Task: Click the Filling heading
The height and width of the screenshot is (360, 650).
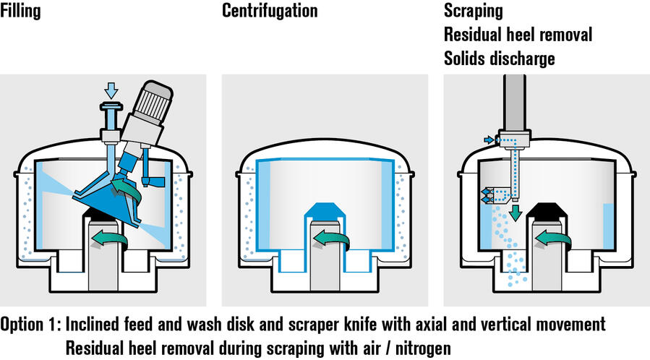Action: point(21,12)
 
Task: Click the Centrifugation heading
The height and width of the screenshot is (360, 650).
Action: point(270,12)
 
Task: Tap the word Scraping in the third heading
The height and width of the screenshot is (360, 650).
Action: point(473,12)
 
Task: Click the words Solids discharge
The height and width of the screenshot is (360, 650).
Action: point(500,58)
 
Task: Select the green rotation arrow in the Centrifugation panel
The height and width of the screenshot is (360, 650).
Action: point(333,239)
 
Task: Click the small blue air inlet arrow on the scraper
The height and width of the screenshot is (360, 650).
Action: point(489,140)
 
